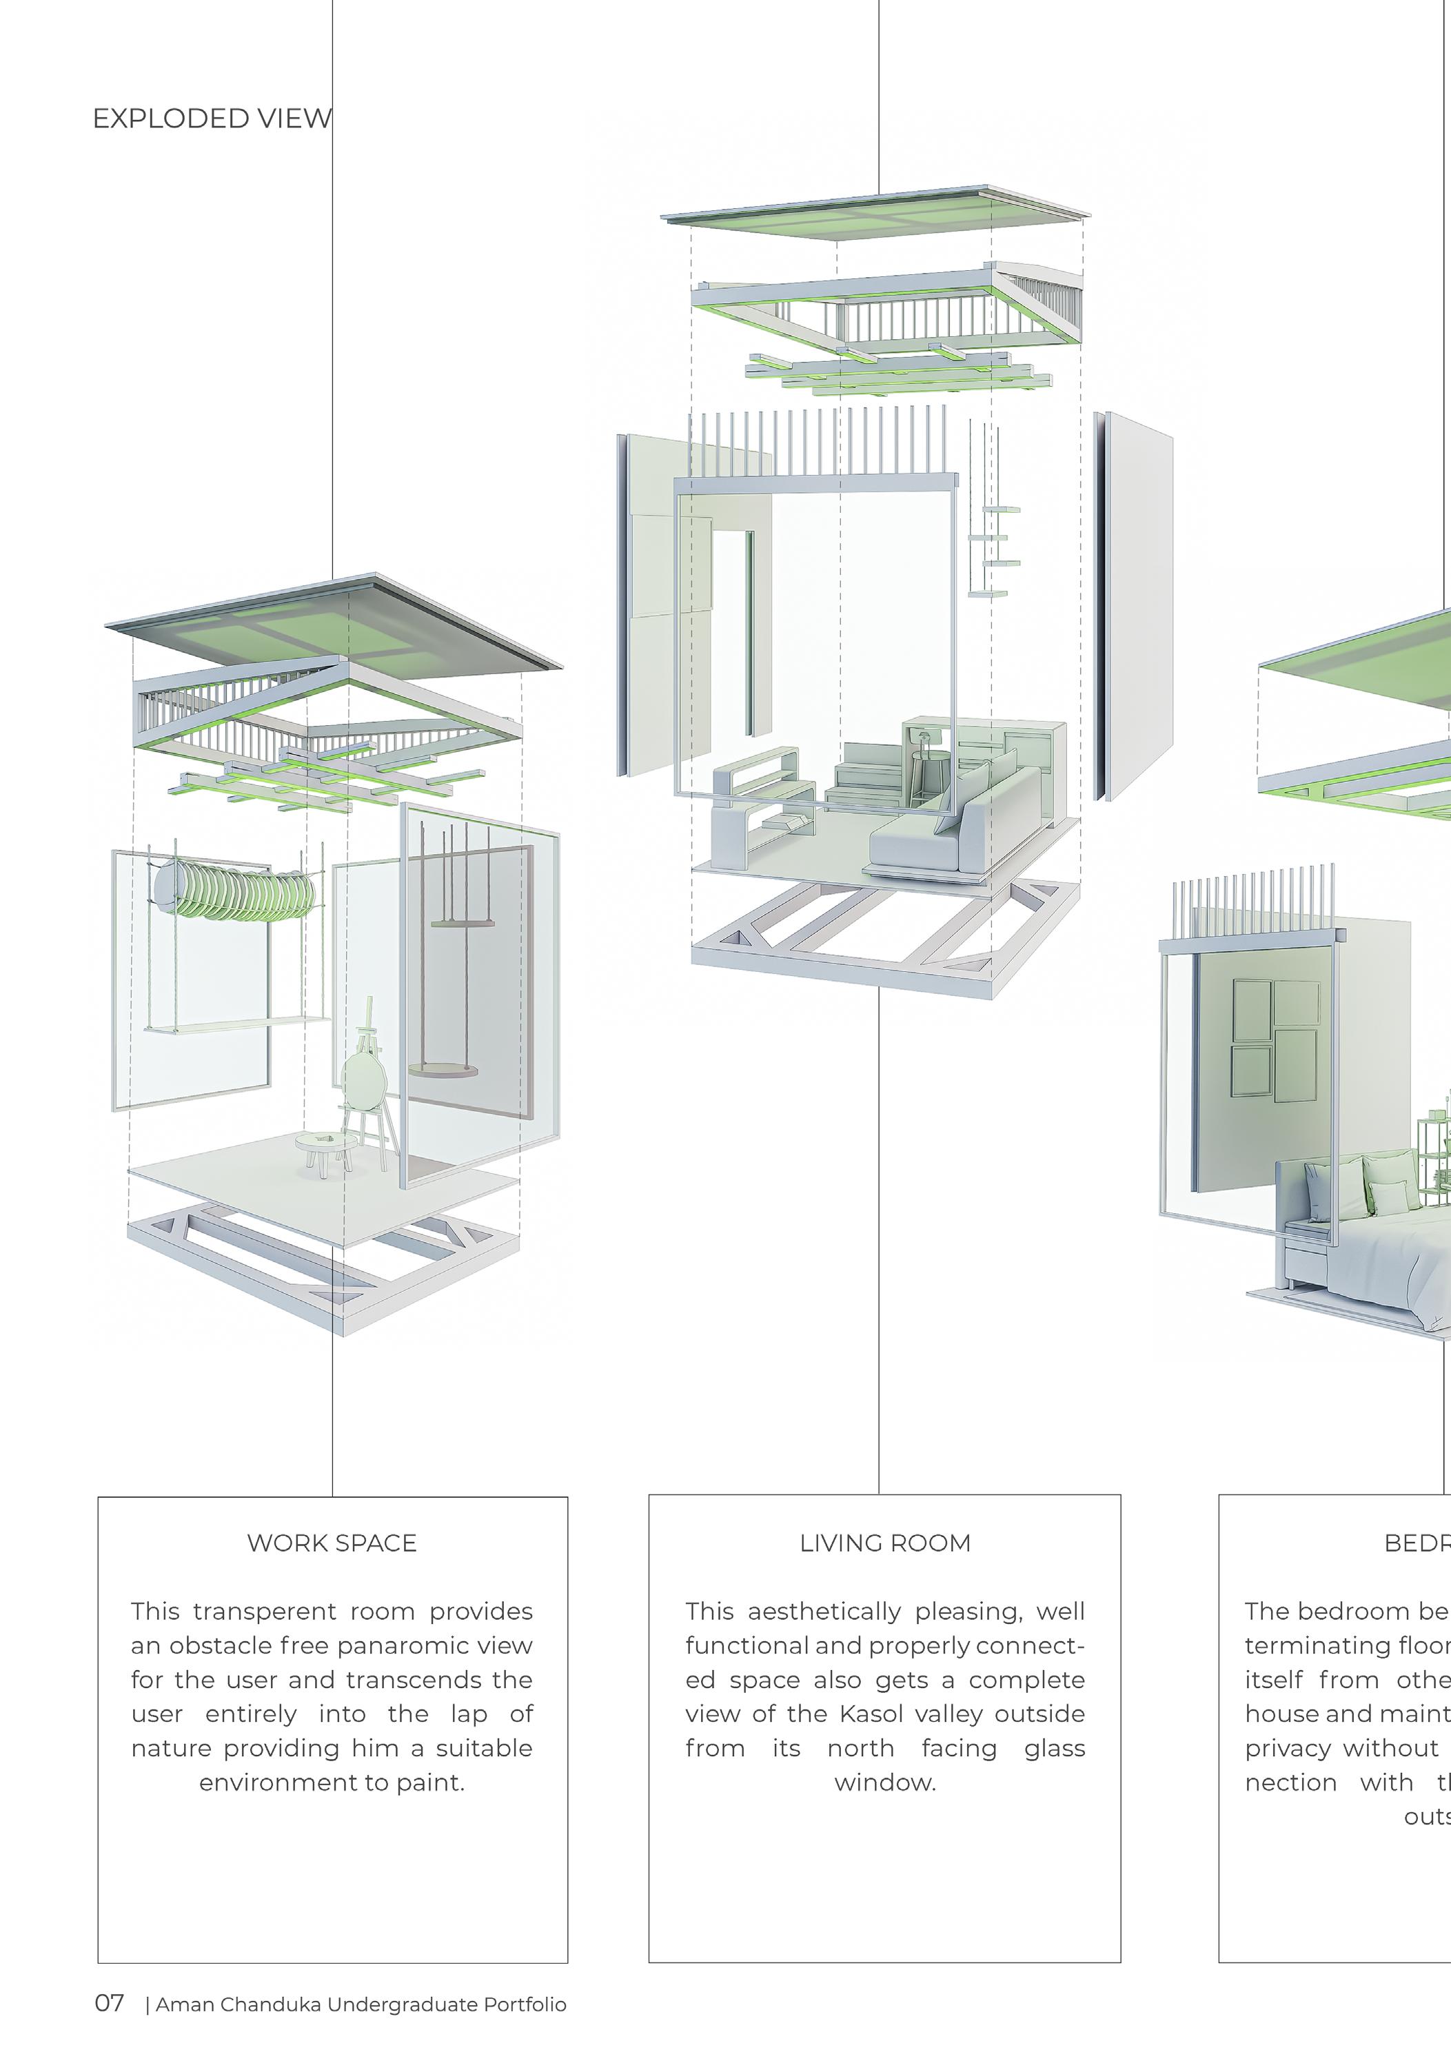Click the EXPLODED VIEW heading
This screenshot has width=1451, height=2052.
212,119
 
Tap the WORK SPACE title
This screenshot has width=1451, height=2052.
332,1543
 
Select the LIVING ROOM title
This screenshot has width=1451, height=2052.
884,1543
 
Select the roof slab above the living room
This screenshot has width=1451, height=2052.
876,214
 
